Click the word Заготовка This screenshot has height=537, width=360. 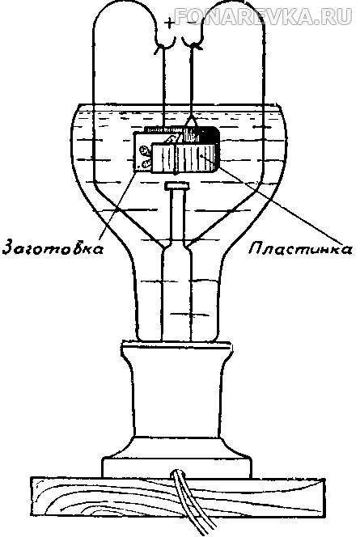coord(53,248)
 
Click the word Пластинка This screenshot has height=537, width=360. coord(300,248)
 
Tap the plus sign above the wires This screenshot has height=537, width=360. coord(169,23)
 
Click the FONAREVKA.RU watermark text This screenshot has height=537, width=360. coord(263,16)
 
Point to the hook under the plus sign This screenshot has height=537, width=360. coord(165,45)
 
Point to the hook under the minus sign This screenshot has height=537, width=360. coord(193,45)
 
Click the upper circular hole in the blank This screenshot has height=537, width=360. coord(144,150)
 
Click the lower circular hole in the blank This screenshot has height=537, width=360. coord(144,163)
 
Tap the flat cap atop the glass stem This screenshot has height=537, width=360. coord(176,186)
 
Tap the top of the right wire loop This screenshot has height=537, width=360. coord(234,6)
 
